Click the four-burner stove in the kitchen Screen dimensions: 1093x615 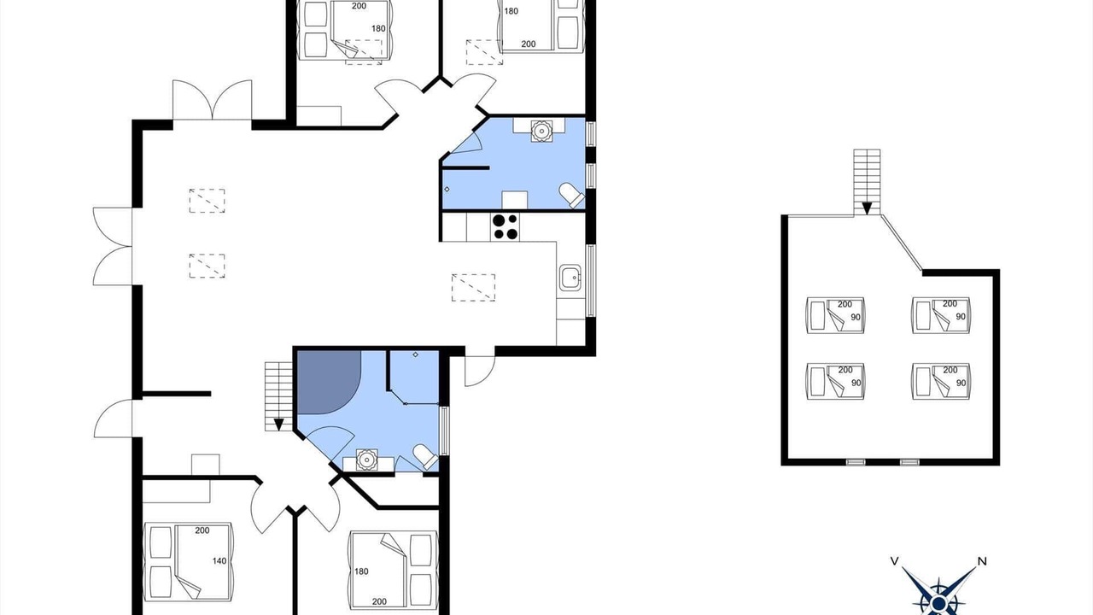[x=505, y=227]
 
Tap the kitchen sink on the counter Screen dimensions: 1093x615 [x=570, y=278]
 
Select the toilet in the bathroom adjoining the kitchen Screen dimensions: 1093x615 [x=571, y=195]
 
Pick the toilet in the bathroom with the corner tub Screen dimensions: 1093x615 [x=425, y=457]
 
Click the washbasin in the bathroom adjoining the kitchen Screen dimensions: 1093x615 [x=541, y=131]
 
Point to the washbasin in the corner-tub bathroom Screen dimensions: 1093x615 [x=366, y=460]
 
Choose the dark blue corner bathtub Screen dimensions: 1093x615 [x=329, y=382]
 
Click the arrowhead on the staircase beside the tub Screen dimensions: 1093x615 [x=278, y=425]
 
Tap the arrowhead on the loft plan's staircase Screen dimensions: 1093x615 [x=867, y=208]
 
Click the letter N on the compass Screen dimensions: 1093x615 [x=982, y=561]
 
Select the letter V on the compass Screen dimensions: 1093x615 [x=895, y=561]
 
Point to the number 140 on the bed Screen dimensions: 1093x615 [x=219, y=561]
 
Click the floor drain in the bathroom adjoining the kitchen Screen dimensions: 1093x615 [x=447, y=189]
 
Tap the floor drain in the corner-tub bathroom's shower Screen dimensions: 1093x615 [x=416, y=354]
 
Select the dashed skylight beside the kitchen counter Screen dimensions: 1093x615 [x=473, y=288]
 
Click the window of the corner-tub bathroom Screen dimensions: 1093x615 [x=444, y=430]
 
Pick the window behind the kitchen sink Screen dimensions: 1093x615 [x=590, y=280]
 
